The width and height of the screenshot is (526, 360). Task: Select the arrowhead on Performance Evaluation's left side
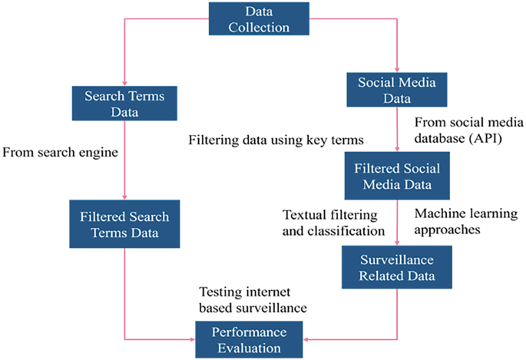pos(193,338)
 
